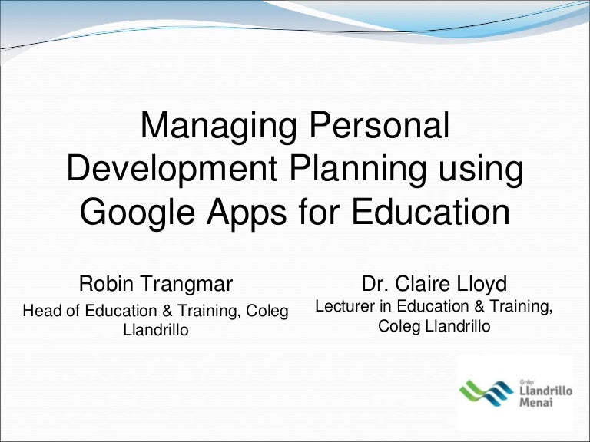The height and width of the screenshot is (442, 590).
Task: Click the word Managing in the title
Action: click(219, 127)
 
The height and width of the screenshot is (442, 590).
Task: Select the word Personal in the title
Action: click(380, 125)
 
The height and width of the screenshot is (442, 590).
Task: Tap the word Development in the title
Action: click(172, 169)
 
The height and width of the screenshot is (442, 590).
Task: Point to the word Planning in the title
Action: click(358, 169)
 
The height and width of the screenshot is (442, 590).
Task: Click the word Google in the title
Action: click(138, 212)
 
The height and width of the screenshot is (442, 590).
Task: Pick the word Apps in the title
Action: click(247, 212)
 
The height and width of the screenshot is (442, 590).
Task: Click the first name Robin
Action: click(106, 283)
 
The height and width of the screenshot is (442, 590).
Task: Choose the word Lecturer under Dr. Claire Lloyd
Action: click(345, 306)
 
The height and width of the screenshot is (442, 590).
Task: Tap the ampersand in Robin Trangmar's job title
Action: click(167, 311)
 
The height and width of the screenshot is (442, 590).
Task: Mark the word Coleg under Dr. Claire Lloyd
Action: click(399, 327)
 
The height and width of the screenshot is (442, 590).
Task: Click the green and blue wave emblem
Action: click(486, 392)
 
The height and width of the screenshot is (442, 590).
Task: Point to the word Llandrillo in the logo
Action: click(546, 391)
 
